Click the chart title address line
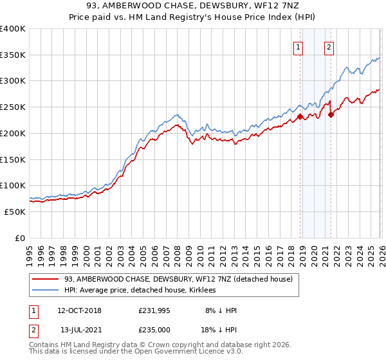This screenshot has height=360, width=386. point(192,6)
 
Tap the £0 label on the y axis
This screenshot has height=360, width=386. point(20,238)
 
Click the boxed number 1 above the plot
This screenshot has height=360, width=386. point(299,46)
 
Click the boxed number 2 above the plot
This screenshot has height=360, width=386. point(329,46)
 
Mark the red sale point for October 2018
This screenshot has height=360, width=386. point(300,117)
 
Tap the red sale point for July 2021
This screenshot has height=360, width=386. point(331,115)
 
